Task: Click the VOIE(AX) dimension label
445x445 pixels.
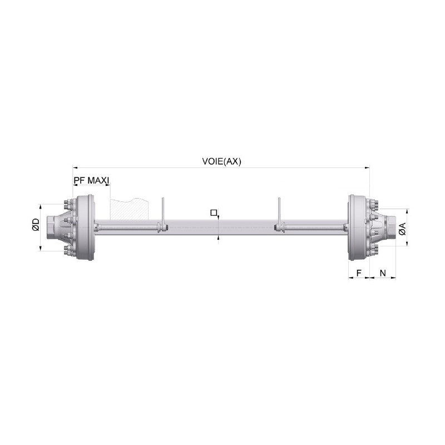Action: point(221,161)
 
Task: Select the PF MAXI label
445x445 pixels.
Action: point(91,180)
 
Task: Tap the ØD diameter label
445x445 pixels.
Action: point(36,224)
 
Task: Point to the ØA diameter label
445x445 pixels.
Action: point(402,229)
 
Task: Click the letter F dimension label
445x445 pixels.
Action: point(359,273)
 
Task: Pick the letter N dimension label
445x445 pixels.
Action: point(383,273)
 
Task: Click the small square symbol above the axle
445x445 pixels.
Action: point(214,212)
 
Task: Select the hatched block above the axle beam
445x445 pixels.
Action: point(130,209)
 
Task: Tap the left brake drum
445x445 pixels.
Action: point(85,228)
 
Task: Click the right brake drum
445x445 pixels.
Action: point(358,228)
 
